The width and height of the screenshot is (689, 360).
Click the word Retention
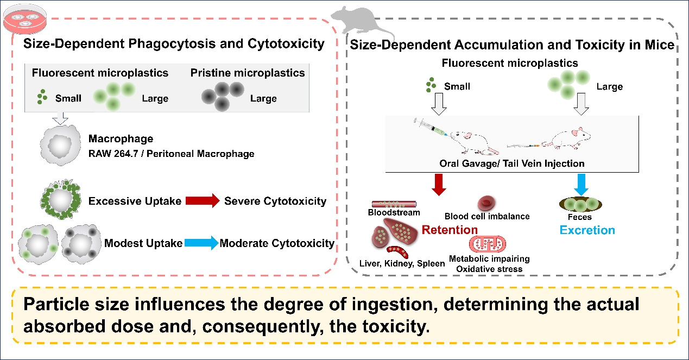[x=451, y=230]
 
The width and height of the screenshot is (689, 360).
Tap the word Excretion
[x=587, y=230]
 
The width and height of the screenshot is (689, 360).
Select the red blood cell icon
[x=485, y=203]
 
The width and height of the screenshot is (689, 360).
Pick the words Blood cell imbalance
[x=486, y=217]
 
